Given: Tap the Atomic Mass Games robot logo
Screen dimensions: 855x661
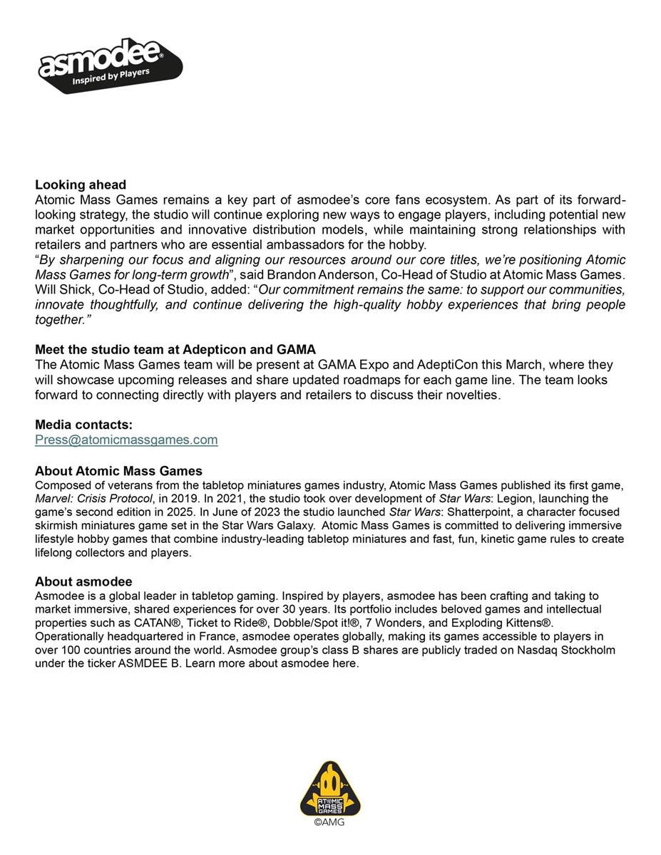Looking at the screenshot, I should tap(330, 787).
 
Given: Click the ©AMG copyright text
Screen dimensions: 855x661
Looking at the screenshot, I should tap(330, 822).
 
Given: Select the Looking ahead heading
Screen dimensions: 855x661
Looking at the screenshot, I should tap(81, 185).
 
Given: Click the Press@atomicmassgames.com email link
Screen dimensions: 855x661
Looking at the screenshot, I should tap(126, 440).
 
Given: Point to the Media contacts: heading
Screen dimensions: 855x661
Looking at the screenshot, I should tap(83, 425).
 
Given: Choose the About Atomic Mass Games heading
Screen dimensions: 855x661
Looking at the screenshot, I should tap(118, 471).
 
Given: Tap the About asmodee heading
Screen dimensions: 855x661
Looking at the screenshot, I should tap(83, 581).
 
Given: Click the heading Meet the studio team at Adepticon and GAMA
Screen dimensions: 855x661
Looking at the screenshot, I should tap(175, 349).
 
